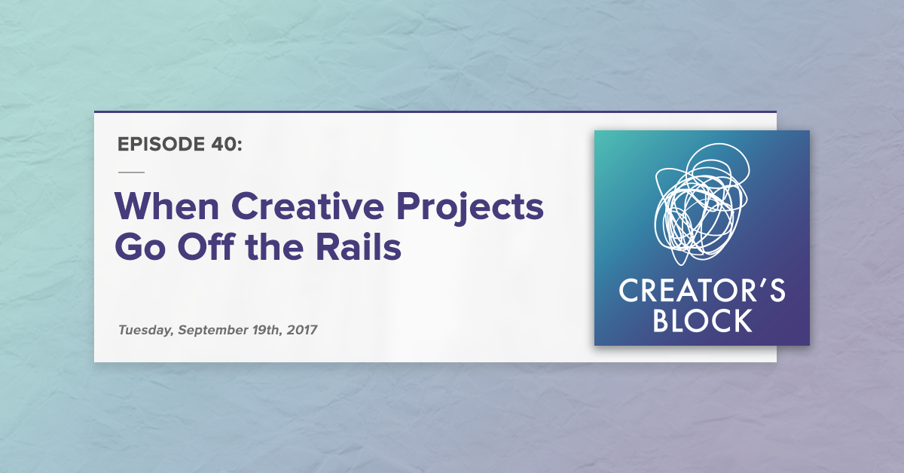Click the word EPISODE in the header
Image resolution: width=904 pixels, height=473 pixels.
pyautogui.click(x=161, y=144)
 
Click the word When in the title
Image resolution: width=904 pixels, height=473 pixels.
pyautogui.click(x=166, y=206)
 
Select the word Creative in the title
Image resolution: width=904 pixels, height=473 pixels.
pyautogui.click(x=307, y=206)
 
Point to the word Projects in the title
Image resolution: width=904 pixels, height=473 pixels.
pyautogui.click(x=470, y=208)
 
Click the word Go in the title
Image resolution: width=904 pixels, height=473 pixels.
pyautogui.click(x=140, y=247)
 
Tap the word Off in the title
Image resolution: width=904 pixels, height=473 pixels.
pyautogui.click(x=206, y=246)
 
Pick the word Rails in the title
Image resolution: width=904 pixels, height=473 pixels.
pyautogui.click(x=359, y=246)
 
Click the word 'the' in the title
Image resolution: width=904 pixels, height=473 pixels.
pyautogui.click(x=274, y=246)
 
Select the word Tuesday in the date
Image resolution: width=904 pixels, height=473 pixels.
pyautogui.click(x=146, y=330)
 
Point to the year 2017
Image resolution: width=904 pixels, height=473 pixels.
pyautogui.click(x=302, y=330)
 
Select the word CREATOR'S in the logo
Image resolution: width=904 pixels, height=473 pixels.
pyautogui.click(x=702, y=291)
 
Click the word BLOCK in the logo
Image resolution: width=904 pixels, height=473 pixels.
pyautogui.click(x=702, y=320)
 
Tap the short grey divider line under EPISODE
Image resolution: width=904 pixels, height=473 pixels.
pyautogui.click(x=131, y=172)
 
